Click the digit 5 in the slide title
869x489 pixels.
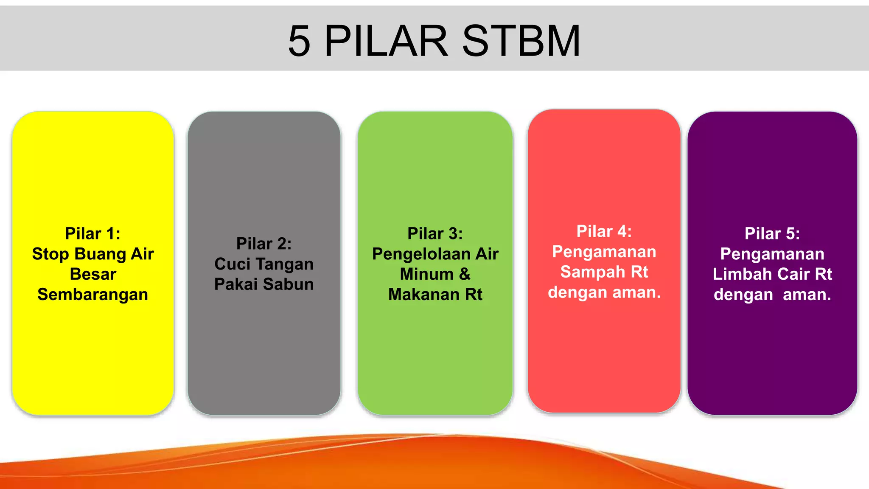pos(299,41)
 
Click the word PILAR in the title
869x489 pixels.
pos(386,41)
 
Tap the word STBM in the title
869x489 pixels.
pos(521,41)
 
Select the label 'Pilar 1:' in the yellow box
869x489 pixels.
pos(93,233)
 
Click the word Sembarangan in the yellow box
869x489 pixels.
pos(93,295)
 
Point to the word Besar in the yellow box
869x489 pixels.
pos(93,274)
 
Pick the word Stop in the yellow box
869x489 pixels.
pos(50,254)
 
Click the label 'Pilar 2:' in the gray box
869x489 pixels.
pos(264,244)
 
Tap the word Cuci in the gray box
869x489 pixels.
pos(232,264)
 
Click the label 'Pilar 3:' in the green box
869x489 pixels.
pos(435,233)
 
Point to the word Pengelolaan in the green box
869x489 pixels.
pos(421,254)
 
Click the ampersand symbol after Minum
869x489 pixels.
pos(465,274)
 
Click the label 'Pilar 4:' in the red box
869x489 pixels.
pos(604,231)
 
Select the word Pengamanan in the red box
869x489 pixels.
pos(604,252)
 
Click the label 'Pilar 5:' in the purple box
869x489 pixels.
pos(772,233)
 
